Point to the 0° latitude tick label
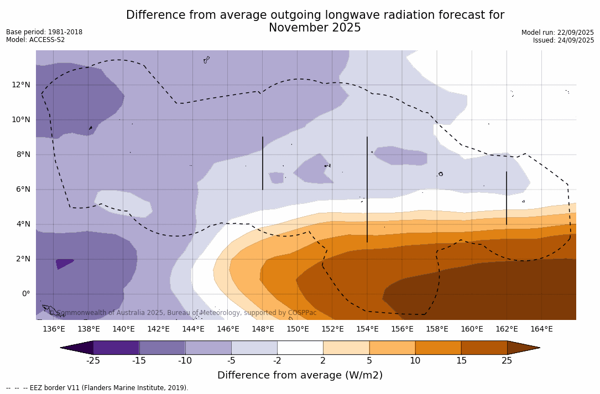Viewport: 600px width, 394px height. pyautogui.click(x=25, y=293)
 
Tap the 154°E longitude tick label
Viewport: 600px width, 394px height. pyautogui.click(x=367, y=329)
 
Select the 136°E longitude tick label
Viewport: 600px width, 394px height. pyautogui.click(x=54, y=329)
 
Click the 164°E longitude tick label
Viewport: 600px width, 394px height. pyautogui.click(x=541, y=329)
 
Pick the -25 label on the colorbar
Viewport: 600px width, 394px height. pyautogui.click(x=93, y=361)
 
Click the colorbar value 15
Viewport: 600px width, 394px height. pyautogui.click(x=461, y=361)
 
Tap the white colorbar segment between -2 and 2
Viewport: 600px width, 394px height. pyautogui.click(x=300, y=348)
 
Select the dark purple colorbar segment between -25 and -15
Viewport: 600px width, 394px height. pyautogui.click(x=116, y=348)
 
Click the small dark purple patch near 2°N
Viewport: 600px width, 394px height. pyautogui.click(x=64, y=264)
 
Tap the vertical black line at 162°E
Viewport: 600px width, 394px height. pyautogui.click(x=506, y=198)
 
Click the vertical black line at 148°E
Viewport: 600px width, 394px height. pyautogui.click(x=263, y=163)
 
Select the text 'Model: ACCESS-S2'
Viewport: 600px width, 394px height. pyautogui.click(x=35, y=40)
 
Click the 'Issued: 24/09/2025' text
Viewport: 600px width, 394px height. pyautogui.click(x=563, y=40)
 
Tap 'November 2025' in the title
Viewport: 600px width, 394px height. pyautogui.click(x=315, y=28)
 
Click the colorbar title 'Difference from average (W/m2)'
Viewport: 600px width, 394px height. pyautogui.click(x=300, y=375)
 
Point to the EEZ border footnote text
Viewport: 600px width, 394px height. pyautogui.click(x=97, y=388)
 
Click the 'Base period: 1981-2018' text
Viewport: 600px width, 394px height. pyautogui.click(x=44, y=32)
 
